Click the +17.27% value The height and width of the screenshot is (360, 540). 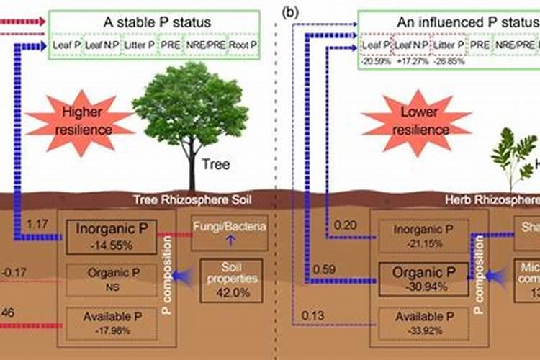click(413, 61)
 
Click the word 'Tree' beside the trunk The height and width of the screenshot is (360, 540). click(216, 164)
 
